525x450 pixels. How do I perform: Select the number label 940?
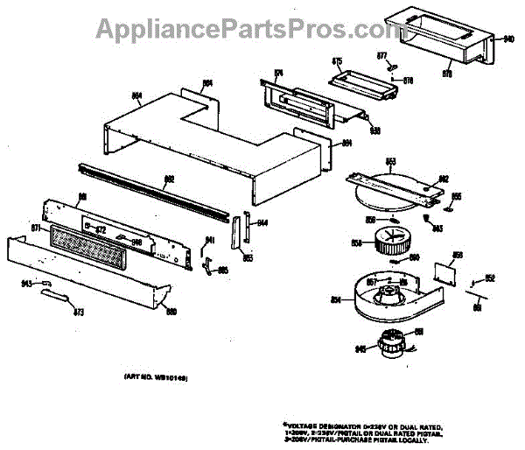tap(509, 39)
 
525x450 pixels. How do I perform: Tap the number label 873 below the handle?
tap(78, 312)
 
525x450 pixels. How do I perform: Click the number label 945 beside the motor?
tap(360, 349)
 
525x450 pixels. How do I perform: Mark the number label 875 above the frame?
tap(337, 61)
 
